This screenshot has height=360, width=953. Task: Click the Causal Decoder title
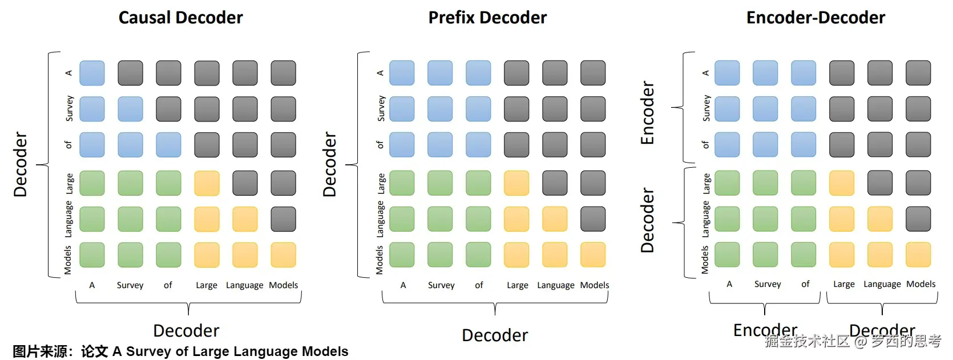click(x=180, y=18)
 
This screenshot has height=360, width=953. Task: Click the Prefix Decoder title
click(x=487, y=18)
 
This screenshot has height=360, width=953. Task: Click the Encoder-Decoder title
click(x=815, y=18)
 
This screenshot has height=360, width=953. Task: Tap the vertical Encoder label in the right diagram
click(x=647, y=113)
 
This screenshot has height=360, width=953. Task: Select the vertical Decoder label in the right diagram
click(x=647, y=220)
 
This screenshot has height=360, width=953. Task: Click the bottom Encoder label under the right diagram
click(x=765, y=330)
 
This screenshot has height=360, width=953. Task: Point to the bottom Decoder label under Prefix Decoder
click(x=495, y=335)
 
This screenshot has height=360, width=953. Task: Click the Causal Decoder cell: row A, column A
click(x=92, y=73)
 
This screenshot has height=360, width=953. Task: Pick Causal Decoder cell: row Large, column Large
click(x=207, y=183)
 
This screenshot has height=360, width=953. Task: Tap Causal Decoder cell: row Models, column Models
click(x=283, y=255)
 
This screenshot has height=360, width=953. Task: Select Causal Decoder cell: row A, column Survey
click(x=130, y=73)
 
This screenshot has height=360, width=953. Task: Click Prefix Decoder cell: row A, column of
click(x=478, y=73)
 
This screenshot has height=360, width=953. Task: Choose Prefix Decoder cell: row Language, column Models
click(x=593, y=219)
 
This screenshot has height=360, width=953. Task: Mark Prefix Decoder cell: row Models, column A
click(x=402, y=255)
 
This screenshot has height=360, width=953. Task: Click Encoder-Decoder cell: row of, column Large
click(x=842, y=145)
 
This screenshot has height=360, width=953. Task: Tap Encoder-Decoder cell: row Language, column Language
click(x=880, y=219)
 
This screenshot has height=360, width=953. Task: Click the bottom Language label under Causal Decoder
click(x=244, y=285)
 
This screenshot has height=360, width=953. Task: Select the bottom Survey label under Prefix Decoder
click(x=441, y=285)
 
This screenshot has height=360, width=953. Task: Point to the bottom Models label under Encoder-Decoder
click(x=921, y=284)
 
